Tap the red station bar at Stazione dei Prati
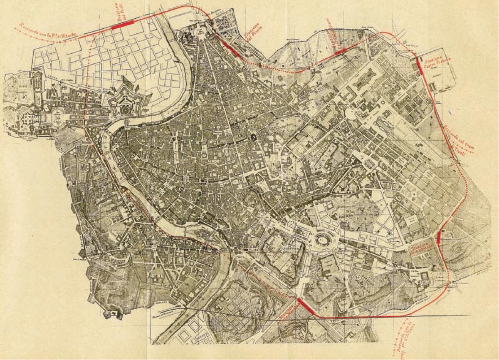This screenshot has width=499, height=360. coord(123,24)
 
